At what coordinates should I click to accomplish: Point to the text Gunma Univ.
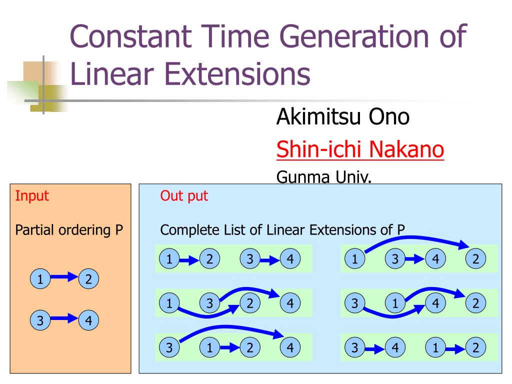click(324, 177)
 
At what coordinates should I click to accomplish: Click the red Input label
click(32, 195)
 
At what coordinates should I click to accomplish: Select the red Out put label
click(184, 195)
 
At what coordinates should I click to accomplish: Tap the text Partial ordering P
click(69, 230)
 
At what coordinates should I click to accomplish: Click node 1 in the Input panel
click(38, 279)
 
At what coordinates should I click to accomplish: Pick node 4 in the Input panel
click(88, 319)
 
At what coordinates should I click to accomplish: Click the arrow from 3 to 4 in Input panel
click(63, 318)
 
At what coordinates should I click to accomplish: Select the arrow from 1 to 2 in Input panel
click(63, 277)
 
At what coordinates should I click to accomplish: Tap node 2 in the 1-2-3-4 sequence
click(209, 258)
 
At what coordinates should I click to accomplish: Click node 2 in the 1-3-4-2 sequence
click(475, 258)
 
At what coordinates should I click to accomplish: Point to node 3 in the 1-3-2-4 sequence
click(209, 302)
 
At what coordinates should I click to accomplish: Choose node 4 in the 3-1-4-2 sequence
click(435, 302)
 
